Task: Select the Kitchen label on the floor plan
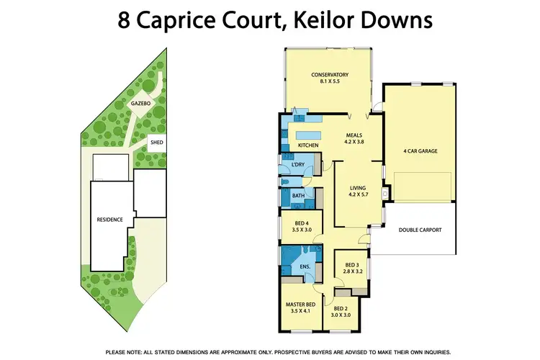[308, 145]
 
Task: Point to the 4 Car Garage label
[420, 151]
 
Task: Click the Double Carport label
[420, 230]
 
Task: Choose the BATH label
[298, 196]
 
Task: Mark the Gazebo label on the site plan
[140, 104]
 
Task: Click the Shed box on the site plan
[156, 143]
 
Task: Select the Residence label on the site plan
[109, 220]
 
